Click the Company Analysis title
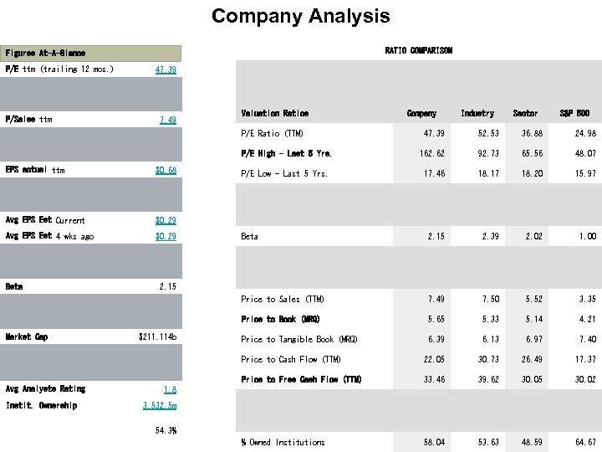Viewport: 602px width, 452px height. (x=300, y=16)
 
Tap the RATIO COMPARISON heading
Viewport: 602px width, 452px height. (x=418, y=50)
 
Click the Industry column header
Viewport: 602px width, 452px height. (x=477, y=113)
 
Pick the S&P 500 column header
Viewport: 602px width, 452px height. (x=574, y=113)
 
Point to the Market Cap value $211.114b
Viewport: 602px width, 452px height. (x=157, y=337)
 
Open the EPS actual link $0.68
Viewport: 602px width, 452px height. (x=166, y=170)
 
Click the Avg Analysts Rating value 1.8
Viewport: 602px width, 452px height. (x=169, y=389)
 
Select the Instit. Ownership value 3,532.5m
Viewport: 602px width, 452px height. (x=160, y=406)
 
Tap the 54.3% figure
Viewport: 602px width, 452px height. (x=166, y=431)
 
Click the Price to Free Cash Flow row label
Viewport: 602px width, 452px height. (x=301, y=380)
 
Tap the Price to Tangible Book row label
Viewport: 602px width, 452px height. (x=298, y=340)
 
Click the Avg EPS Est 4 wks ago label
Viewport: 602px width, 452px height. (x=49, y=237)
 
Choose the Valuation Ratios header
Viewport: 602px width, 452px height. (x=274, y=113)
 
